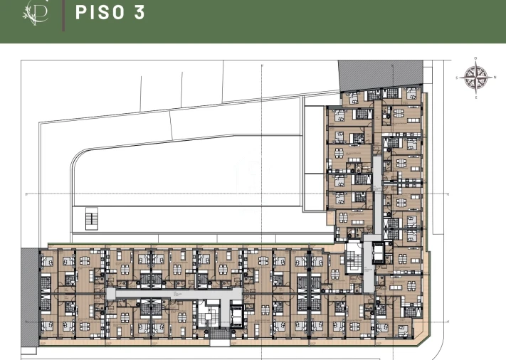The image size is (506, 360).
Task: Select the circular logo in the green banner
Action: tap(35, 12)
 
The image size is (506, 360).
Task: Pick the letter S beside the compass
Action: tap(458, 77)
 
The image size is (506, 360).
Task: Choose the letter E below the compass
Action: tap(476, 95)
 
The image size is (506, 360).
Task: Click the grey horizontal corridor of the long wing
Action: tap(171, 292)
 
